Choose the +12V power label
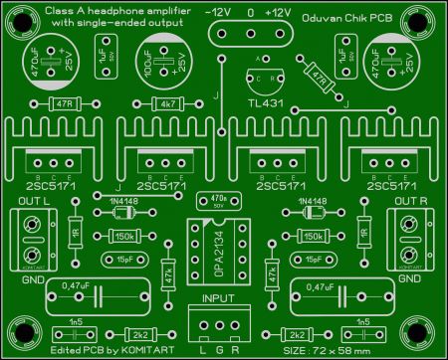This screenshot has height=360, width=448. pos(281,12)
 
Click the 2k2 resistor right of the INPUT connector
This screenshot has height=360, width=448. pos(296,334)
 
